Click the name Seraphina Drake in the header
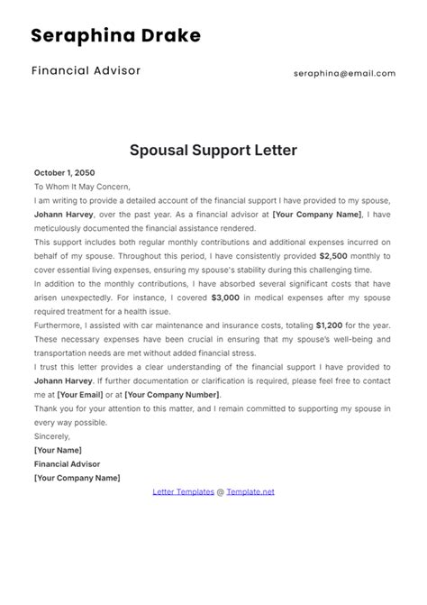point(115,36)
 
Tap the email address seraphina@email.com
point(344,74)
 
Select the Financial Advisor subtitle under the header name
point(86,70)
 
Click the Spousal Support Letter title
point(213,150)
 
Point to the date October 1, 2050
point(64,172)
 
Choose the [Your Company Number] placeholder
point(171,394)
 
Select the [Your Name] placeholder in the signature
point(58,450)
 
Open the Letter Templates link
point(182,491)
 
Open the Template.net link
point(250,491)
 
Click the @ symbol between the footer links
point(220,491)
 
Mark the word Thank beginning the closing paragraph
point(48,408)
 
